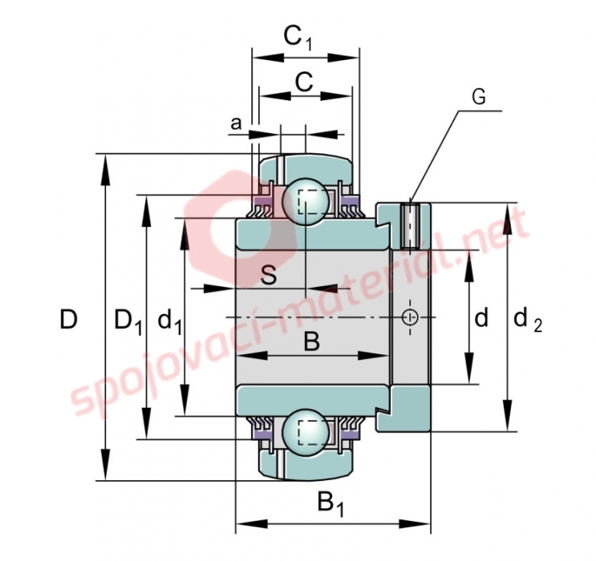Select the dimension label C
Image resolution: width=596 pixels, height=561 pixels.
[x=304, y=82]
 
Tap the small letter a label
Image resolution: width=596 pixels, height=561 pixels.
[x=236, y=124]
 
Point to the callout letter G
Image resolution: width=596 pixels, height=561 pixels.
[x=479, y=97]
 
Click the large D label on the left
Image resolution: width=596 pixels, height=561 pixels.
[x=69, y=319]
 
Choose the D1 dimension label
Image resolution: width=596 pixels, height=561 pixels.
[x=128, y=321]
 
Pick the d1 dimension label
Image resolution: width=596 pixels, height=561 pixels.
[x=169, y=321]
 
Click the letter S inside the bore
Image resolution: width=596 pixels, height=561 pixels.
[x=269, y=275]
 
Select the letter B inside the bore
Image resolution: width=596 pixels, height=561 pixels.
[x=312, y=341]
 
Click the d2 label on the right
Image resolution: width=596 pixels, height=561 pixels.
[x=528, y=321]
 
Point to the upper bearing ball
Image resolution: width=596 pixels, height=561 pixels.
[x=306, y=201]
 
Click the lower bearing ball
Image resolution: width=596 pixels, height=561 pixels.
[x=306, y=432]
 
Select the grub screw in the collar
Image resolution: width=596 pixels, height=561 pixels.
[x=410, y=225]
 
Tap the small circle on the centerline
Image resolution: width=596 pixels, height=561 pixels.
[x=410, y=317]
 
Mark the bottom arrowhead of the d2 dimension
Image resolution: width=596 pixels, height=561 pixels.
[x=508, y=415]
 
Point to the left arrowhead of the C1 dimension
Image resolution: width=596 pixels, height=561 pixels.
[x=269, y=58]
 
